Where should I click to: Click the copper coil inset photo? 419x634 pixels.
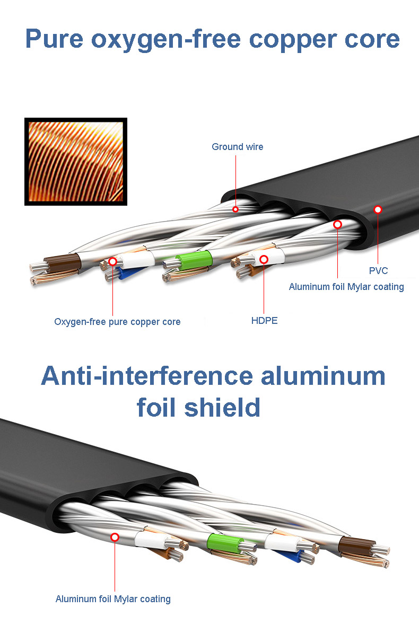(x=76, y=161)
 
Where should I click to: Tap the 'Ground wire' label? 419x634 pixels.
(x=238, y=147)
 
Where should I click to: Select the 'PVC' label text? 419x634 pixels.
(x=378, y=270)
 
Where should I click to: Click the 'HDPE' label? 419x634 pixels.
(x=265, y=321)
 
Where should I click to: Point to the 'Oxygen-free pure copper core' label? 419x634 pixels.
(x=117, y=322)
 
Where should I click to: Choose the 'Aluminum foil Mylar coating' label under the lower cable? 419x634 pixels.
(x=113, y=599)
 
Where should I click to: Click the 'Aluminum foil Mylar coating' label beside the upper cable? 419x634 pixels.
(x=346, y=287)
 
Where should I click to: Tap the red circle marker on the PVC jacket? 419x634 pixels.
(x=378, y=209)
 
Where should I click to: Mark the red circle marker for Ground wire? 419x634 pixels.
(x=235, y=209)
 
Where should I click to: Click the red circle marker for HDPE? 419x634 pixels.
(x=264, y=259)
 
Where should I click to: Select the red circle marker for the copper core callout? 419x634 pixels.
(x=113, y=262)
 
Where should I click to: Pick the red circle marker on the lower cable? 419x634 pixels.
(x=115, y=537)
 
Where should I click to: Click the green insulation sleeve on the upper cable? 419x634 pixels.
(x=194, y=260)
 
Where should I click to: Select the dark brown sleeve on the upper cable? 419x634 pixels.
(x=62, y=263)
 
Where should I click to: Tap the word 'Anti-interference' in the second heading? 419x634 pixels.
(x=147, y=376)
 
